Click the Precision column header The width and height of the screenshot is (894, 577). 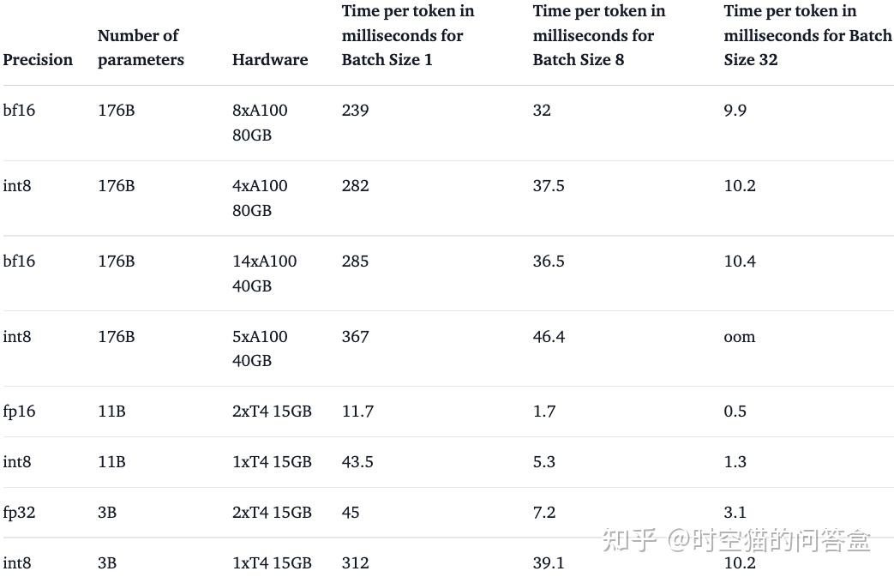(38, 60)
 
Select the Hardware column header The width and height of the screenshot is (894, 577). (269, 60)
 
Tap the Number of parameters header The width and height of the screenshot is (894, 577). (141, 48)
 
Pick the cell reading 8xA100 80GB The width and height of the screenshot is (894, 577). (260, 123)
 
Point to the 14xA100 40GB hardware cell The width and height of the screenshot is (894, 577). (264, 273)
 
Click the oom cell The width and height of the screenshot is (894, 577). (740, 337)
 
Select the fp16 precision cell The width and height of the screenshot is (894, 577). (19, 412)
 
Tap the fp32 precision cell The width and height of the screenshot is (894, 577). (19, 513)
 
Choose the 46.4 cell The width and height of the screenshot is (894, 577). (549, 337)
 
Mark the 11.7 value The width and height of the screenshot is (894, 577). (357, 412)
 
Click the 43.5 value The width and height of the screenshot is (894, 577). (357, 462)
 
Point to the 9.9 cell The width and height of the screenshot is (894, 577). (735, 111)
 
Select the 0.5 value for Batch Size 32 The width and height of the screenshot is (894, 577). (735, 412)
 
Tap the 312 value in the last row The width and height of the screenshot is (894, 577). (355, 563)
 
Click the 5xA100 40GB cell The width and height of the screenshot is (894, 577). (260, 349)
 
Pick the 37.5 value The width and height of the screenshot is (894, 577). (549, 186)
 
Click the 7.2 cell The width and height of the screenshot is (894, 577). (544, 513)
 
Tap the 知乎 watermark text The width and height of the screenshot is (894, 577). (629, 540)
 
